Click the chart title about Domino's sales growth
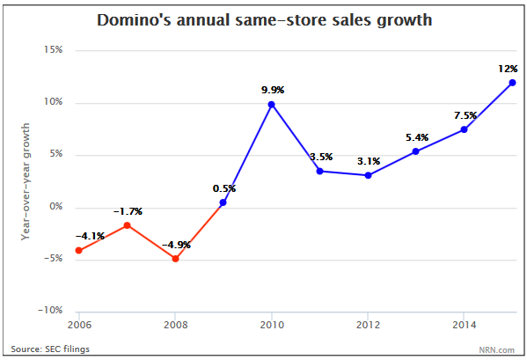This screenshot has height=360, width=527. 264,18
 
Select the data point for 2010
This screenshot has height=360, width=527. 271,105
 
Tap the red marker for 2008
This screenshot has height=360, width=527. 175,259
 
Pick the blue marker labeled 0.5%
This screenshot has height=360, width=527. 223,202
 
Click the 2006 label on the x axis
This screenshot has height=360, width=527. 79,324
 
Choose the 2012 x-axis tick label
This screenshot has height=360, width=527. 367,324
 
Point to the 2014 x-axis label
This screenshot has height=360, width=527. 464,324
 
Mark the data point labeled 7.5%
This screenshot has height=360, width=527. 464,129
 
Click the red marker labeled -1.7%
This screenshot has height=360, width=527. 127,225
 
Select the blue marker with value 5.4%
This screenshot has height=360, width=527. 415,151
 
